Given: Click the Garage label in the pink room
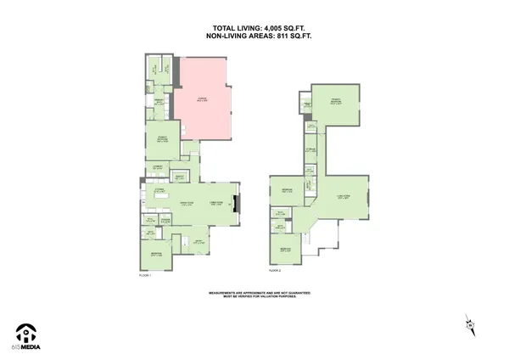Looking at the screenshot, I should pos(202,99).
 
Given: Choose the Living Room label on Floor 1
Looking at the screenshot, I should pos(217,202).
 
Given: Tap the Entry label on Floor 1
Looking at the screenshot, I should pos(197,241).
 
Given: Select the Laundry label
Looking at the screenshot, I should pos(158,166).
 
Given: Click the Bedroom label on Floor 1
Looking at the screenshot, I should pos(156,254).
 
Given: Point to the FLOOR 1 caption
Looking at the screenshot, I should pos(144,274).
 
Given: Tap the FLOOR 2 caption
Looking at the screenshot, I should pos(274,269).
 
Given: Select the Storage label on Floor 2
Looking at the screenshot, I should pos(311,149).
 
